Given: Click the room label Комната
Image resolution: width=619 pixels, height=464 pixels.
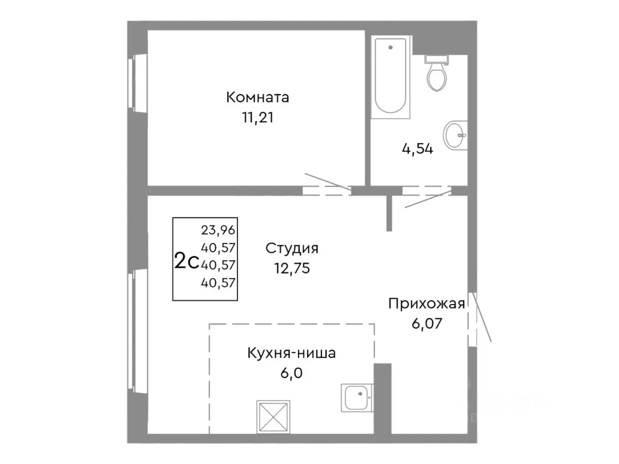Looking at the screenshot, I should click(257, 97).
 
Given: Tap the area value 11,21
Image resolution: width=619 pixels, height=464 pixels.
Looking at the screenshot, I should click(257, 117).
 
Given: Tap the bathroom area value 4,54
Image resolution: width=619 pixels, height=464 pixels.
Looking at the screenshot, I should click(417, 149).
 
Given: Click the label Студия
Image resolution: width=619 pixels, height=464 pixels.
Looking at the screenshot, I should click(292, 248).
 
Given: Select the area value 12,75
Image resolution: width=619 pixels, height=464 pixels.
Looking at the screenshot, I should click(292, 268).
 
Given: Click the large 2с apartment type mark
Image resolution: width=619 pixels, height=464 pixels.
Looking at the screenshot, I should click(186, 261).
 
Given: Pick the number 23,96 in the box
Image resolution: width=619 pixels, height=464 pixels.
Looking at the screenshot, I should click(218, 230).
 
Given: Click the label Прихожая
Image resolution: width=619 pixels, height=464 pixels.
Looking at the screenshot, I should click(427, 304).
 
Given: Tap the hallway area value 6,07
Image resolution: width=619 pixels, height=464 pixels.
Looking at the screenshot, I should click(427, 323).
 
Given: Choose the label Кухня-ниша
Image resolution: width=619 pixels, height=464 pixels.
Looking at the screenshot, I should click(291, 353).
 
